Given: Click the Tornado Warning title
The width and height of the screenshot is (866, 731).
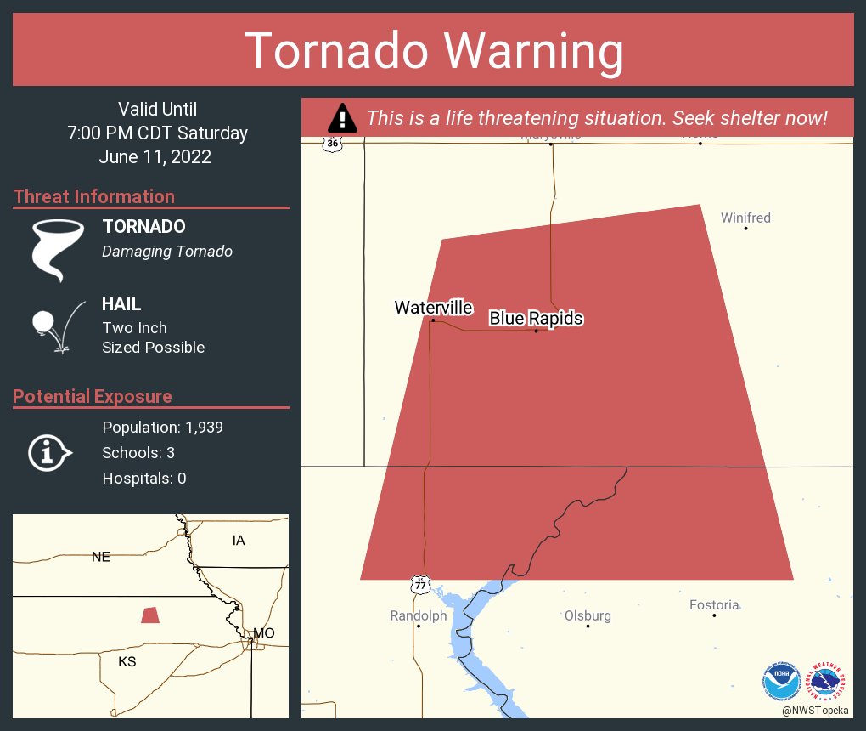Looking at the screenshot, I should point(433,51).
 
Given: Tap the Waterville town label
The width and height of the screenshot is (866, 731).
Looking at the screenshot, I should point(433,308).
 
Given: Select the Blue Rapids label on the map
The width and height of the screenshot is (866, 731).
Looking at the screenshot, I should point(536,319).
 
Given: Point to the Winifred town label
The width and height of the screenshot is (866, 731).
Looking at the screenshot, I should point(745,218).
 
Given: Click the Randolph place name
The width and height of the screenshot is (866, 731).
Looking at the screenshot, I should point(418,615).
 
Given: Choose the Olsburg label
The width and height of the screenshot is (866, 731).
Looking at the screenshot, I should point(588,615).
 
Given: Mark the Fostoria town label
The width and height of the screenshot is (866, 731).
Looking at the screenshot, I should point(713,605).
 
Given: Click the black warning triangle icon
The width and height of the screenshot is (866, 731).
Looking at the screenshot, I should point(342,118).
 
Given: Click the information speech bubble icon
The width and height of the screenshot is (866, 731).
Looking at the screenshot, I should point(50,452).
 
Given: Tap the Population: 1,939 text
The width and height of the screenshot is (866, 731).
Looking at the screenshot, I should point(162,428).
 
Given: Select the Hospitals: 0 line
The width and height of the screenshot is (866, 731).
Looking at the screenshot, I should point(143,479).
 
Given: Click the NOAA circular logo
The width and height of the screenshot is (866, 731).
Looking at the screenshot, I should point(781,681).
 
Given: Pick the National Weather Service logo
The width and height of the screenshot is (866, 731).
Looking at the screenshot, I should point(828,681).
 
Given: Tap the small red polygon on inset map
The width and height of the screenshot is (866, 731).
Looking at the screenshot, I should point(150,615).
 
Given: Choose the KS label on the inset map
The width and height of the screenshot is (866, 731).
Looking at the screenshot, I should point(127,661).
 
